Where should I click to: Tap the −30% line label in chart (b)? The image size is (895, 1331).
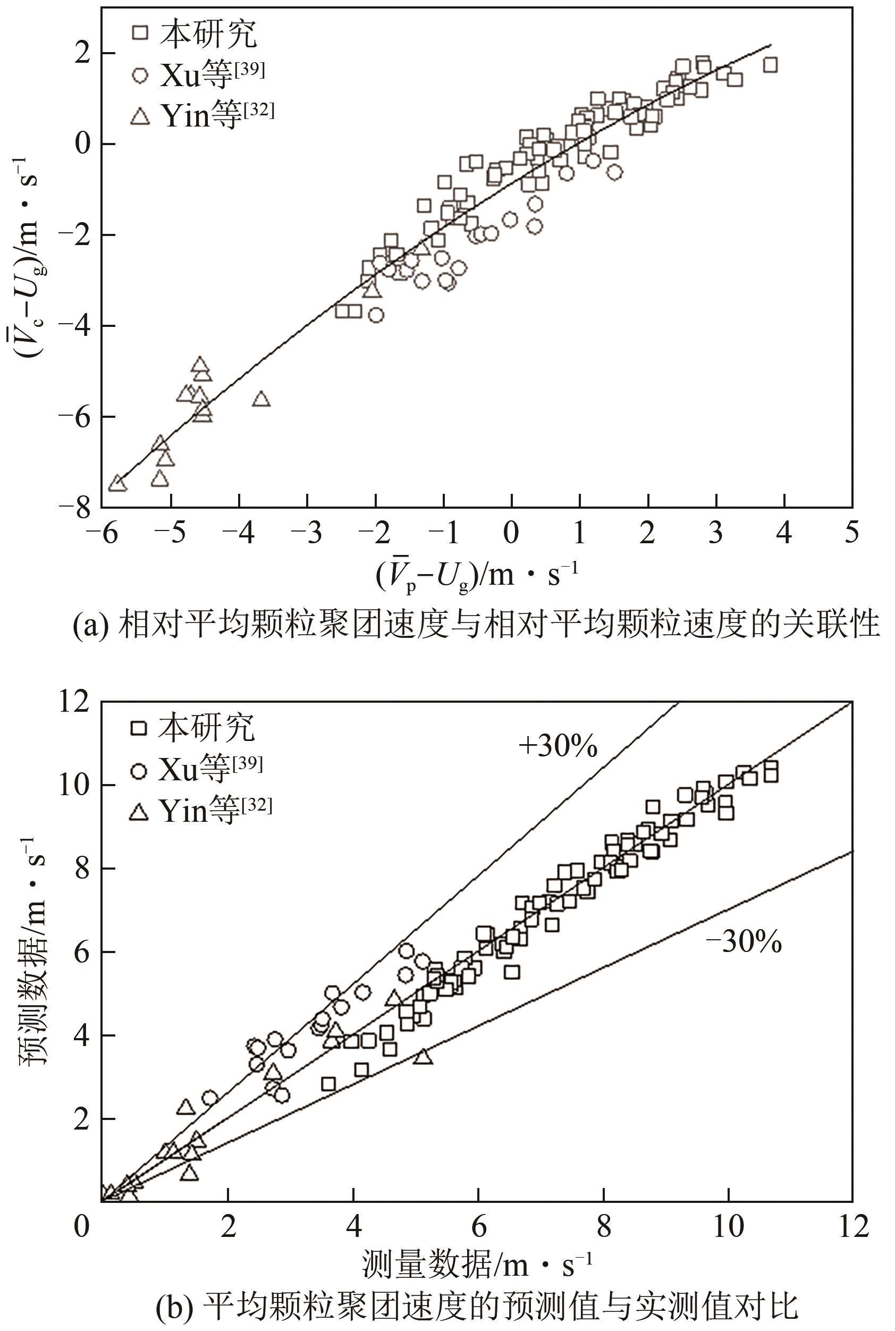pos(744,943)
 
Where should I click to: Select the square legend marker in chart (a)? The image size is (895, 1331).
pos(140,32)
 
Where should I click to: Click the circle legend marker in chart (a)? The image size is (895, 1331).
pos(140,75)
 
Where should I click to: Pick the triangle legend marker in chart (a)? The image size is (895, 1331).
pos(140,116)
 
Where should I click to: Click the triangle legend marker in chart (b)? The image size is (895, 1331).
pos(139,811)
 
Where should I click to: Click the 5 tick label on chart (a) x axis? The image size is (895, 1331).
pos(851,533)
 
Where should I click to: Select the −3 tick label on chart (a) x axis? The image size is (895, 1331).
pos(307,533)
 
